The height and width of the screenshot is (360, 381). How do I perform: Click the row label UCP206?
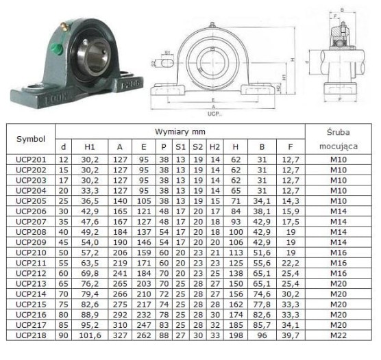pyautogui.click(x=31, y=211)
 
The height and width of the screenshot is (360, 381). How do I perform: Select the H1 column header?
pyautogui.click(x=89, y=147)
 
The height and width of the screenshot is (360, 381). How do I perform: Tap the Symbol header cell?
pyautogui.click(x=31, y=139)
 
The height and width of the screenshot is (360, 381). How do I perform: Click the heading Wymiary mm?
pyautogui.click(x=180, y=132)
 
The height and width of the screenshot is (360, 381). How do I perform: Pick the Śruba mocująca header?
pyautogui.click(x=339, y=140)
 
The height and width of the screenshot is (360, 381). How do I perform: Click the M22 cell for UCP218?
pyautogui.click(x=339, y=335)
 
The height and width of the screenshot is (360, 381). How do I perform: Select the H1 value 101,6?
pyautogui.click(x=90, y=335)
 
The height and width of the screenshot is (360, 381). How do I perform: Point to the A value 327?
pyautogui.click(x=120, y=335)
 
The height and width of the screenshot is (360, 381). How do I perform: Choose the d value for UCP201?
pyautogui.click(x=63, y=159)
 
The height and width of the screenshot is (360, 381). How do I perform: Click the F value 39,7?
pyautogui.click(x=290, y=335)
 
